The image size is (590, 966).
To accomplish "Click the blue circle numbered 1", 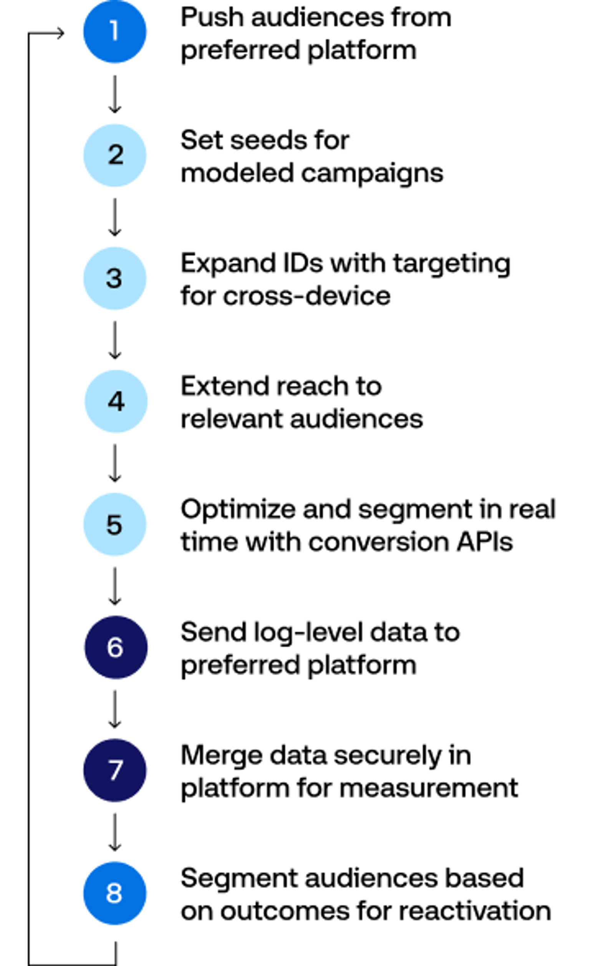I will coord(114,31).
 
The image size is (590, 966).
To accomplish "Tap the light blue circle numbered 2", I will coord(114,155).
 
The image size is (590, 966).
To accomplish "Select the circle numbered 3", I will coord(114,278).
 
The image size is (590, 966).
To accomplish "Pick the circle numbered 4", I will coord(116,401).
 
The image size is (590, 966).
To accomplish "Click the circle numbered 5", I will coord(114,524).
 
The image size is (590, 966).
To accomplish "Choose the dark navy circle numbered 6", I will coord(116,647).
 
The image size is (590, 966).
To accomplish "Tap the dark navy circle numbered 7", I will coord(114,770).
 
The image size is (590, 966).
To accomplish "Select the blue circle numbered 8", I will coord(114,893).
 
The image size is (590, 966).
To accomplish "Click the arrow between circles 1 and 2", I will coord(114,94).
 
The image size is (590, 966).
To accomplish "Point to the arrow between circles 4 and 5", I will coord(114,463).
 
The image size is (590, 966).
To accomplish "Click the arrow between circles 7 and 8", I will coord(114,832).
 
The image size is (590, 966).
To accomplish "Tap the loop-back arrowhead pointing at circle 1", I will coord(59,33).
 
